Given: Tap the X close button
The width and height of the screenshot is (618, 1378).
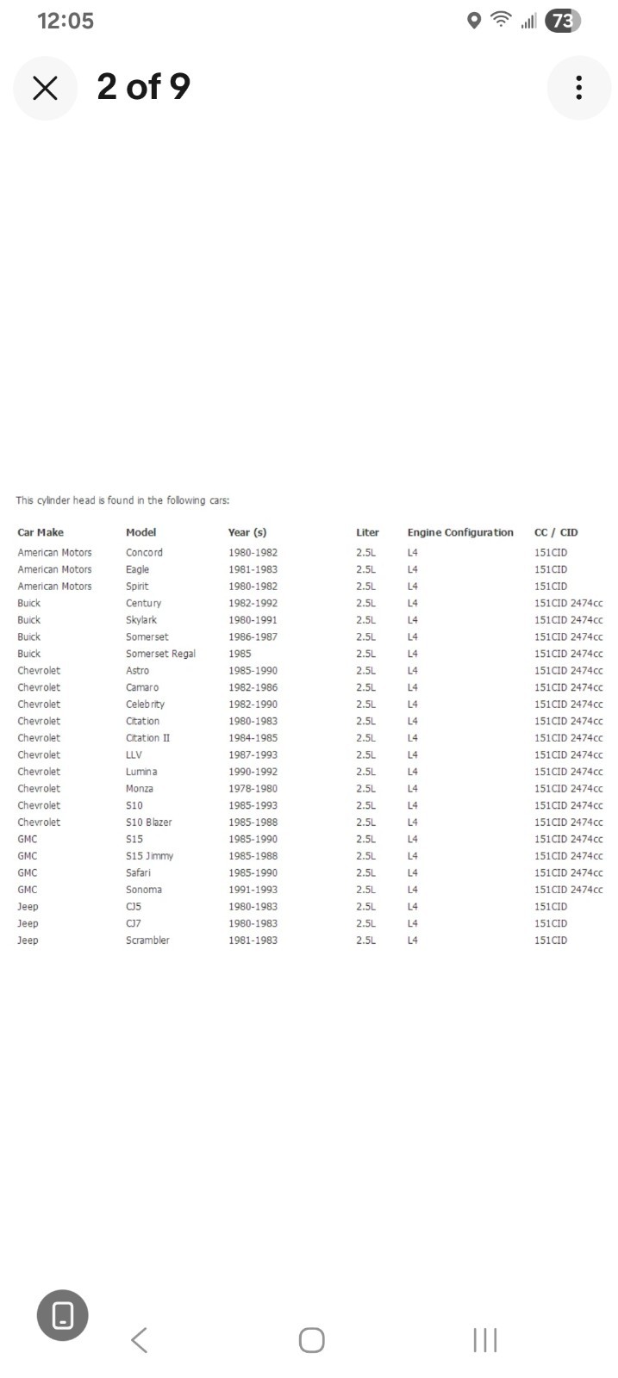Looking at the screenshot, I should point(45,87).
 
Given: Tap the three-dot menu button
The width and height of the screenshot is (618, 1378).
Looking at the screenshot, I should point(578,87).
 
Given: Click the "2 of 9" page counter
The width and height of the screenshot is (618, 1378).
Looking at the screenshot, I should point(143,86).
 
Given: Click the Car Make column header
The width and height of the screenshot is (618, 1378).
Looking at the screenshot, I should point(41,532).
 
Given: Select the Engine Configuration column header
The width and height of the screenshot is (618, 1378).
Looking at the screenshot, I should point(460,532).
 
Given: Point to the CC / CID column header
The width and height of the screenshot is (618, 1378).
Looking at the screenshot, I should point(556,532).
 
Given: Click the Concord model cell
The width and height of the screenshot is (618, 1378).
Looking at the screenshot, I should point(144,553).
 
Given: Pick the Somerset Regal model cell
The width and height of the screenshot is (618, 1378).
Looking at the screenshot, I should point(160,654).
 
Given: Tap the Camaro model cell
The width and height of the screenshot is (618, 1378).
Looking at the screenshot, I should point(142,687).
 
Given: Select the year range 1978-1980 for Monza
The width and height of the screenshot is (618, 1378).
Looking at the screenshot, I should point(253,789).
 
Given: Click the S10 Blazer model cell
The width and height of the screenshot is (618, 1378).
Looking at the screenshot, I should point(148,822).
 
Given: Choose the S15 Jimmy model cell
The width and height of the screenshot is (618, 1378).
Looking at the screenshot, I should point(149,856).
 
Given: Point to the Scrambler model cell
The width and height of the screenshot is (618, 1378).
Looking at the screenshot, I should point(147,940).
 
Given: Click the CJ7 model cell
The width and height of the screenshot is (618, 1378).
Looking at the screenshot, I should point(134,923).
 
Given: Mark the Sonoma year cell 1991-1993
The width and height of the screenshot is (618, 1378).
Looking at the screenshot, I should point(253,890).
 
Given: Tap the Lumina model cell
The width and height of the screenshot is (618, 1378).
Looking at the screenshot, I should point(141,772).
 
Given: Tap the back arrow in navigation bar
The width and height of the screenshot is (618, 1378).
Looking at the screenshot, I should point(139,1339).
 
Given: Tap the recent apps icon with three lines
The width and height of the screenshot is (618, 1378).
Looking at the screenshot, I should point(484,1339).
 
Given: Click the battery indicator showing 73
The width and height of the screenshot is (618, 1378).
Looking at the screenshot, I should point(562,21).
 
